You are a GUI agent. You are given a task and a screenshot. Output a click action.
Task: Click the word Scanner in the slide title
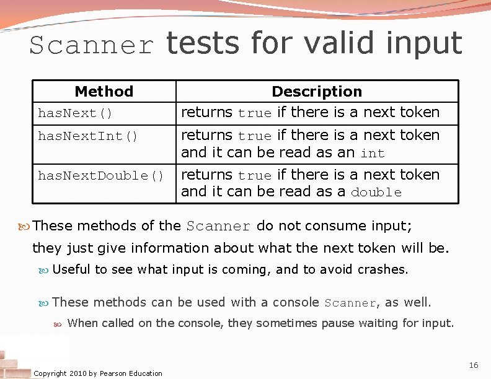[91, 46]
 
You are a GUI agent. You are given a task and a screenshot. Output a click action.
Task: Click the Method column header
[104, 92]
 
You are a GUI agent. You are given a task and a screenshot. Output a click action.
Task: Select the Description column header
[317, 92]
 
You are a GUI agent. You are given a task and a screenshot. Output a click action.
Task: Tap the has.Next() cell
[75, 113]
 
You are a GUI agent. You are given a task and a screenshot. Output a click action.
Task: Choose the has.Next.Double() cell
[100, 176]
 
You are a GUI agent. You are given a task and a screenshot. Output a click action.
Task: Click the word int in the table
[373, 152]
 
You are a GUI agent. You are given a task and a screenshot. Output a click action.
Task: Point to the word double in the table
[376, 193]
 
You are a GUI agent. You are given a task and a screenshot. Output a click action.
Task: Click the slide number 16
[473, 365]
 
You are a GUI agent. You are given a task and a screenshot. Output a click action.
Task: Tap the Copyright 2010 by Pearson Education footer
[98, 373]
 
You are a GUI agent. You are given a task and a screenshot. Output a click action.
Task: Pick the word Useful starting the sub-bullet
[71, 269]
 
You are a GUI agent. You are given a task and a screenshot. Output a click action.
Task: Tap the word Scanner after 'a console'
[351, 303]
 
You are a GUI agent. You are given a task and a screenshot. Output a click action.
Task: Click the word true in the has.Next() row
[254, 113]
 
